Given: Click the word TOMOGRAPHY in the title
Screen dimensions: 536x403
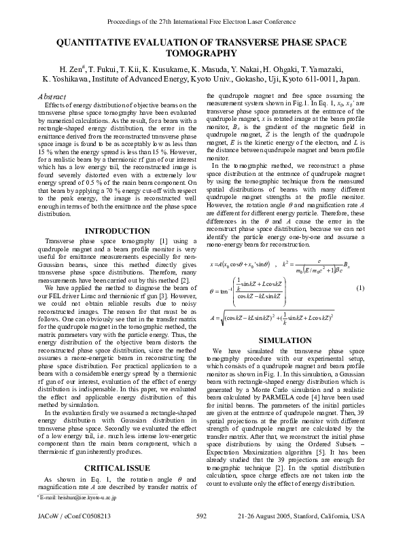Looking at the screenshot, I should click(x=201, y=53).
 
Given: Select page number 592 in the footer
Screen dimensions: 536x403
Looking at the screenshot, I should click(x=201, y=516).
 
